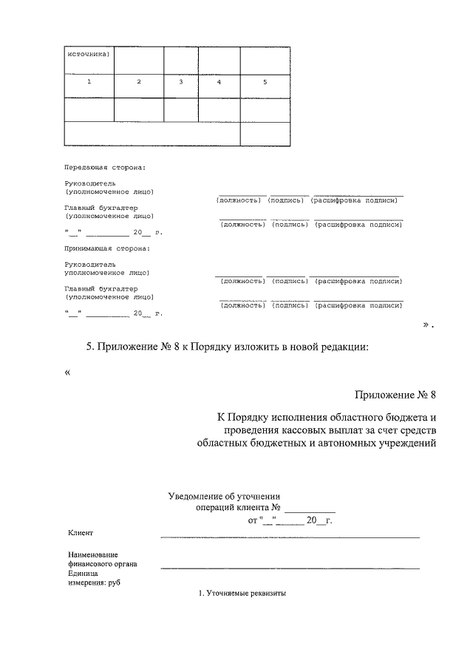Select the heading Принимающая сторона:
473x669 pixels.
107,248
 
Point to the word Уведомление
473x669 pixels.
196,496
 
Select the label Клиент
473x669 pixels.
81,533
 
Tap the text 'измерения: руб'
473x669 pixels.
94,583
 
